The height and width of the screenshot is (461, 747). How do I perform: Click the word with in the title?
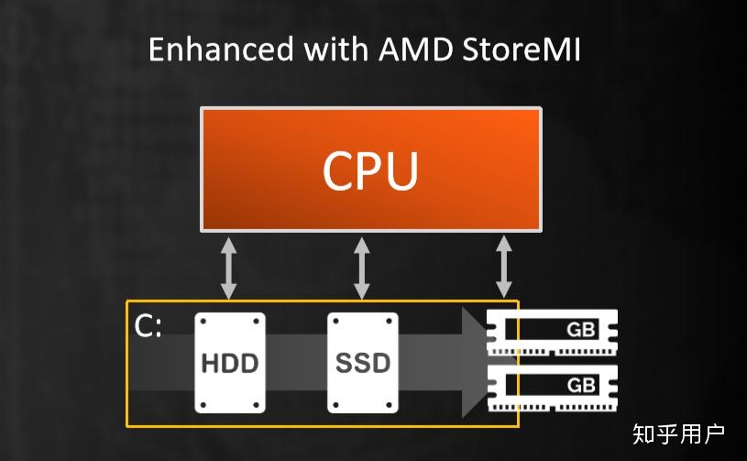tap(321, 49)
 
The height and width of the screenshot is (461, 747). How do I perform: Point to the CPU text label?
tap(370, 170)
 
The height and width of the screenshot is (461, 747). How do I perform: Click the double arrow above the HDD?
tap(228, 268)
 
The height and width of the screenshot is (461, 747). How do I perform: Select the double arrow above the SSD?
tap(362, 268)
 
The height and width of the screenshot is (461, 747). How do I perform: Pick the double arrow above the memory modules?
tap(503, 266)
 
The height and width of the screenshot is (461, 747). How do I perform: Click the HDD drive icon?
tap(229, 362)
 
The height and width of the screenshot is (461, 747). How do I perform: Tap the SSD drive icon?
tap(363, 362)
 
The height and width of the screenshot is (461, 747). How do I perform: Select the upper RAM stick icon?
tap(552, 331)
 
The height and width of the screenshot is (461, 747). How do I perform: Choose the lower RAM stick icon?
tap(552, 386)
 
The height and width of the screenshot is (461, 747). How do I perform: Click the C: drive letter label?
tap(148, 327)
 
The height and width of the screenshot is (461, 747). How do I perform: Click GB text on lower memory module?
tap(581, 385)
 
